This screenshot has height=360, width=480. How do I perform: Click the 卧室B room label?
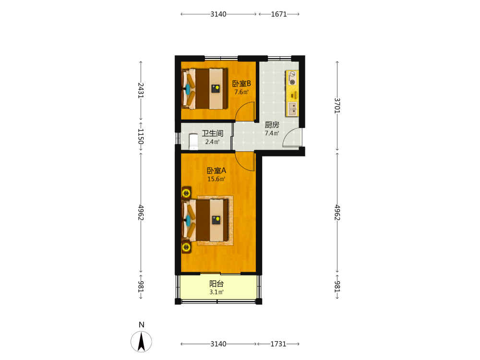(241, 83)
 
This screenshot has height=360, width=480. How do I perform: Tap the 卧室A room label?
(216, 170)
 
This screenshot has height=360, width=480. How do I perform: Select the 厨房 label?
(272, 125)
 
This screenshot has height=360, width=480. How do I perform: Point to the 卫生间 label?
(213, 133)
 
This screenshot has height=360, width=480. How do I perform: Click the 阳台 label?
(216, 284)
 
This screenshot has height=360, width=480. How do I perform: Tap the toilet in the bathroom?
(193, 142)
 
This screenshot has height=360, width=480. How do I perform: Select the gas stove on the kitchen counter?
(292, 78)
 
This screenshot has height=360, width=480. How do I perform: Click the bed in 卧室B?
(204, 89)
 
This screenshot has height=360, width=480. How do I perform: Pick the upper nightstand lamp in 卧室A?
(186, 193)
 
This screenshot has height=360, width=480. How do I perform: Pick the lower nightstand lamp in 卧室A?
(186, 247)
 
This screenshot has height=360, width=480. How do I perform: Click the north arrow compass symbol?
(141, 341)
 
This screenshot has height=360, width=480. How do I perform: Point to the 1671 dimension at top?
(279, 14)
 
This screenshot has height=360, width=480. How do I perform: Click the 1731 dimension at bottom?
(278, 344)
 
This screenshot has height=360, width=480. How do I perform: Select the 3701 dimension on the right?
(337, 106)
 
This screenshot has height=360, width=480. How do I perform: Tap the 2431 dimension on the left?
(141, 90)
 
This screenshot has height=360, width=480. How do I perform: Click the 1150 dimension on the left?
(141, 136)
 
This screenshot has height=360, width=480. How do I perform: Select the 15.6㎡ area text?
(216, 179)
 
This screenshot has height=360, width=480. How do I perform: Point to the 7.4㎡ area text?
(272, 133)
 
